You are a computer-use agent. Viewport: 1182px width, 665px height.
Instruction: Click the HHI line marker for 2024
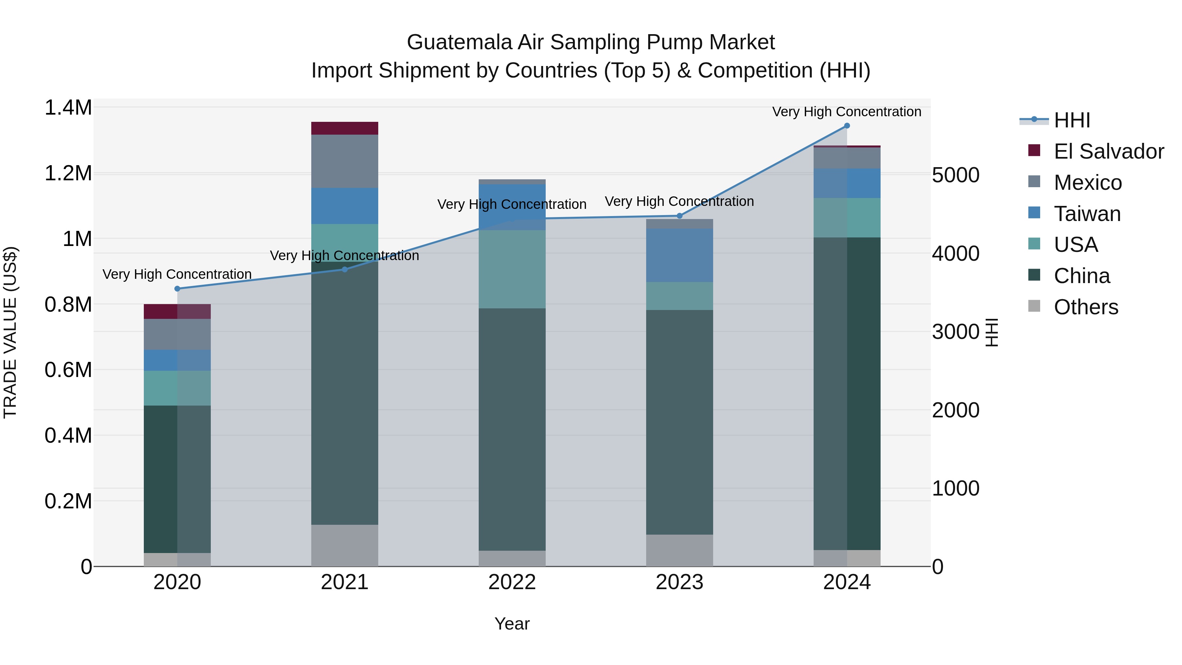846,126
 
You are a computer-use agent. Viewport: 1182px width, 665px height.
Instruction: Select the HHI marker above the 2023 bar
680,216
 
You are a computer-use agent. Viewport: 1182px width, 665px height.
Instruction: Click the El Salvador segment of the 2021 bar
345,128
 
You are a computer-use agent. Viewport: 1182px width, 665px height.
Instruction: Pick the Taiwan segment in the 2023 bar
680,255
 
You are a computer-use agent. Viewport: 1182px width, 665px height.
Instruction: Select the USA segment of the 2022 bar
512,269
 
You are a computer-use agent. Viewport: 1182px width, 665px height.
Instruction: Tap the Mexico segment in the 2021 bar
345,161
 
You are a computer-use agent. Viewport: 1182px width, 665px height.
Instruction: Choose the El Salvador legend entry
1108,151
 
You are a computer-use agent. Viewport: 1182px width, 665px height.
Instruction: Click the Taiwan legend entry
1087,214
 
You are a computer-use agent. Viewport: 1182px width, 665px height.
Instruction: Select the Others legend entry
1086,307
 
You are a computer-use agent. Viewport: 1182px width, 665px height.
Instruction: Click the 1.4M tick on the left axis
68,108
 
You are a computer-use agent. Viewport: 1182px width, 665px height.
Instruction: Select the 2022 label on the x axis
512,582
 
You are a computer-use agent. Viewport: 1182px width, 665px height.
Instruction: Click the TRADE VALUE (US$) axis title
10,332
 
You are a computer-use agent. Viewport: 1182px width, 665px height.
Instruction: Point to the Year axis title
512,624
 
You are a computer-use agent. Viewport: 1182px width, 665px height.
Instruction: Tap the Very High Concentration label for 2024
846,112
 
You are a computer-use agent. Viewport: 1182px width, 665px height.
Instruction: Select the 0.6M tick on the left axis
68,370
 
